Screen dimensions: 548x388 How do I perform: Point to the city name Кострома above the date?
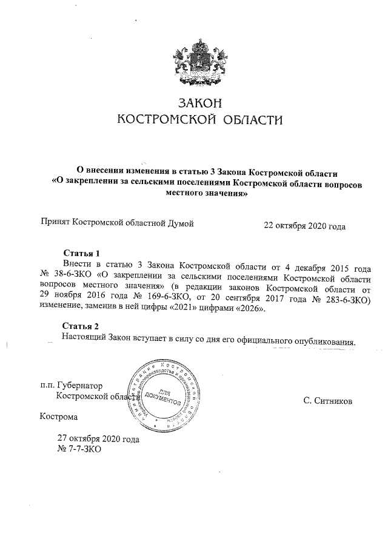point(58,417)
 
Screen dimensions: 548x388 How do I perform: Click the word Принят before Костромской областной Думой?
point(55,223)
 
